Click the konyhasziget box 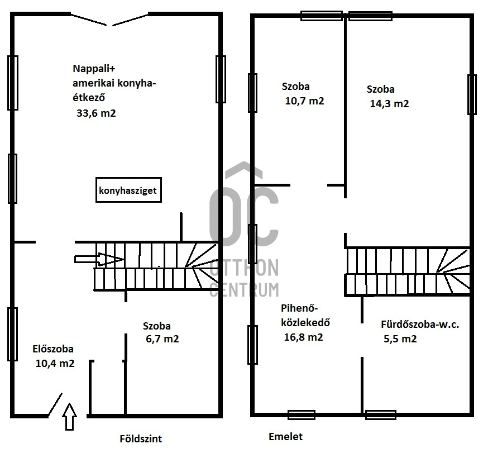[x=128, y=190]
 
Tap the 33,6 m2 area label [x=96, y=113]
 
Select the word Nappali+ [x=94, y=69]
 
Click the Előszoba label [x=53, y=349]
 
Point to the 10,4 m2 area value [x=55, y=364]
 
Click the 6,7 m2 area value [x=162, y=338]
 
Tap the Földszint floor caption [x=141, y=438]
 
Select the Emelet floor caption [x=285, y=437]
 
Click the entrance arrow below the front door [x=70, y=417]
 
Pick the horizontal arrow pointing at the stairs [x=99, y=259]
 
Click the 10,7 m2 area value [x=304, y=101]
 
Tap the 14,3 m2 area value [x=389, y=103]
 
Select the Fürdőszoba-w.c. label [x=420, y=325]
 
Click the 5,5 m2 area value [x=400, y=338]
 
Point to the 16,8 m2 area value [x=303, y=337]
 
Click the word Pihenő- [x=299, y=308]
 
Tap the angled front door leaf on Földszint [x=55, y=404]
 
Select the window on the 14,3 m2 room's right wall [x=472, y=94]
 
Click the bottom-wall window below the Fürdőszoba [x=381, y=415]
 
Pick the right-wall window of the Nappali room [x=221, y=79]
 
